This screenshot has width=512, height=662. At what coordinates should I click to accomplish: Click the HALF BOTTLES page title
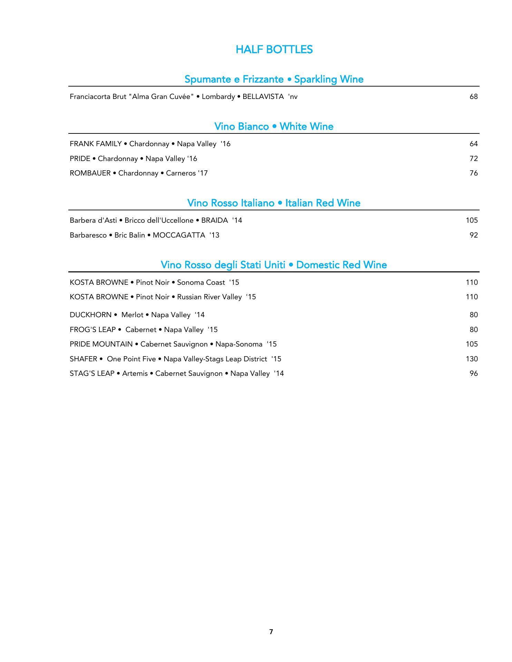(x=274, y=50)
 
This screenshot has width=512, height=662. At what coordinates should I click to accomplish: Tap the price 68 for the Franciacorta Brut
(x=473, y=97)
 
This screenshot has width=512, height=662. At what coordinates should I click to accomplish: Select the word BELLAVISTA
(x=263, y=97)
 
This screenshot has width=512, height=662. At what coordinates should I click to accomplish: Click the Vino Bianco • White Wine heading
(x=274, y=127)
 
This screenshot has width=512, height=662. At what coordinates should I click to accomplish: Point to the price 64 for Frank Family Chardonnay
(x=473, y=144)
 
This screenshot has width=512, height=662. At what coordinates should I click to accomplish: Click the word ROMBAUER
(x=90, y=173)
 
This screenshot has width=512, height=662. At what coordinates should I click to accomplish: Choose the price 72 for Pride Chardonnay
(x=473, y=159)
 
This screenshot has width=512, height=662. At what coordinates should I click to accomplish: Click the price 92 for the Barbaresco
(x=473, y=235)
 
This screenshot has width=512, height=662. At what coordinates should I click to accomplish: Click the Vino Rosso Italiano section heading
(x=274, y=203)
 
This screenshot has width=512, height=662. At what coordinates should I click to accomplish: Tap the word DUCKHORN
(x=90, y=315)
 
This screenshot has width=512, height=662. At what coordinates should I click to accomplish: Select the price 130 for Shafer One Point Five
(x=472, y=359)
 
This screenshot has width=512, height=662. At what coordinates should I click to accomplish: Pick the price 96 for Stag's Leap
(x=473, y=373)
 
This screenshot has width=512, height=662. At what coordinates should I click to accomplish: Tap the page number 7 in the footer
(x=271, y=632)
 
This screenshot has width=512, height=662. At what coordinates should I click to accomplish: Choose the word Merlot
(x=132, y=315)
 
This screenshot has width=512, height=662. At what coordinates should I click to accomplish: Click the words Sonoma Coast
(x=201, y=282)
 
